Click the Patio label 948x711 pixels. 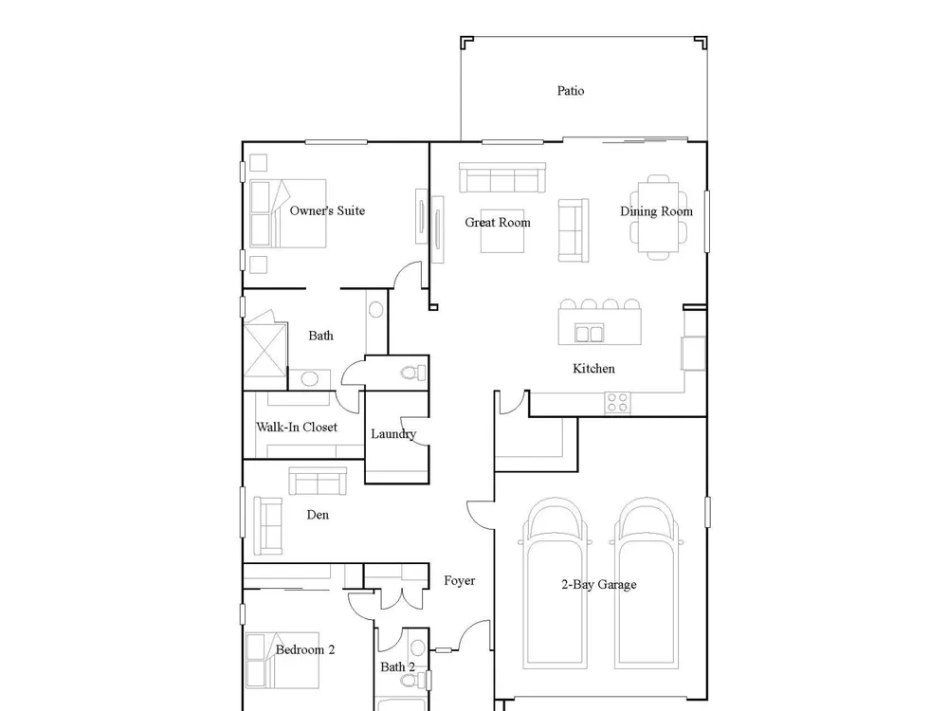coord(570,91)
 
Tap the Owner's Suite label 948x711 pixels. coord(327,210)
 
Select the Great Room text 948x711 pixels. coord(498,223)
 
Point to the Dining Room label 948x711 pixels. coord(656,211)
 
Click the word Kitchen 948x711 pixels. coord(593,368)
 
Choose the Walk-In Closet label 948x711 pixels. coord(297,427)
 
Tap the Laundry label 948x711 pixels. coord(393,434)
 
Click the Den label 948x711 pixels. coord(318,515)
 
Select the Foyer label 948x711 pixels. coord(459,581)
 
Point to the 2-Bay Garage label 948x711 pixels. coord(598,585)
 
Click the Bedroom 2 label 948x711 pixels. coord(304,650)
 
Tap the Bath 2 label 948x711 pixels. coord(397,666)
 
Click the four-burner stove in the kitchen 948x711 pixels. coord(617,403)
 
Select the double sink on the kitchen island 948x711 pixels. coord(589,334)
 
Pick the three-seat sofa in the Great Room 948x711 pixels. coord(502,178)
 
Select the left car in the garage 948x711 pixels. coord(555,583)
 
